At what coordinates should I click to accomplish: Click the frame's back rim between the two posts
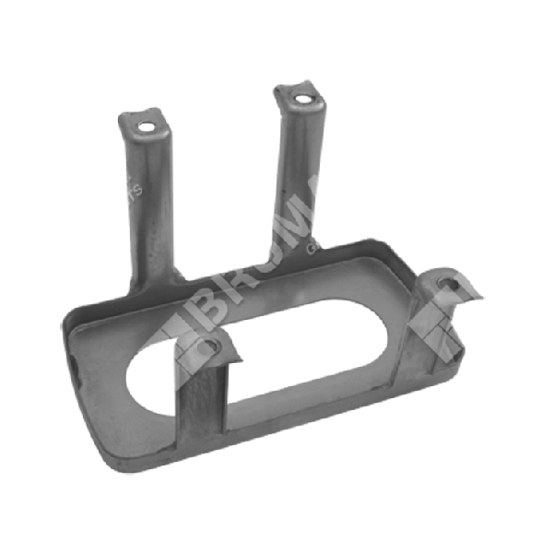[230, 276]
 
